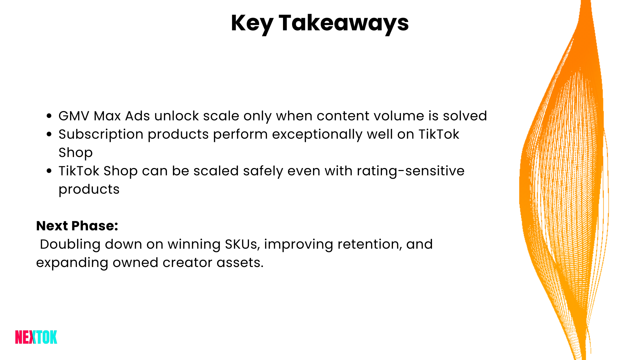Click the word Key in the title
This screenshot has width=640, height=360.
point(252,23)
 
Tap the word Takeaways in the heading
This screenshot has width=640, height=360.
point(344,23)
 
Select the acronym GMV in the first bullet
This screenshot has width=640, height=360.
point(74,116)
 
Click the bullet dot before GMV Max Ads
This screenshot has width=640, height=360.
point(49,116)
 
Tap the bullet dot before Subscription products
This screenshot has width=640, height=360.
point(49,134)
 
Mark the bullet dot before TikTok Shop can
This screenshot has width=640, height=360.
point(49,171)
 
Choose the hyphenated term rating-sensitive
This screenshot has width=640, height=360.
point(410,171)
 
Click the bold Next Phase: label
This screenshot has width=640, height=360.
point(77,226)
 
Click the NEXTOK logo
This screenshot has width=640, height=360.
point(36,337)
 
